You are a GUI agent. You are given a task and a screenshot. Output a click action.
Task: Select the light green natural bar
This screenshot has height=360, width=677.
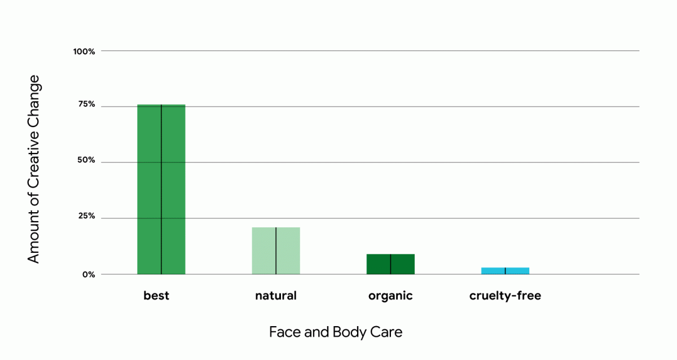coord(276,251)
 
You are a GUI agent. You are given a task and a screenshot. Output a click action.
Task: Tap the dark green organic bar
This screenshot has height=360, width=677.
coord(390,264)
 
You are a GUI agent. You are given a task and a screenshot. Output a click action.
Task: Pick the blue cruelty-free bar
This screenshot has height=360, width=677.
coord(505,271)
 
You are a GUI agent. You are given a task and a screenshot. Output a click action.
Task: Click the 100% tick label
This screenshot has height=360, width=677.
coord(84,51)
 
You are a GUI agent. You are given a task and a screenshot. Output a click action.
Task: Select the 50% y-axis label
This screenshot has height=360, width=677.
coord(86,161)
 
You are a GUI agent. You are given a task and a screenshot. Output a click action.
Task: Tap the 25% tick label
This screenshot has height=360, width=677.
coord(86,217)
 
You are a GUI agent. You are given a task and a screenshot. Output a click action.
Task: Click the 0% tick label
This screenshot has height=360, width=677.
coord(88,274)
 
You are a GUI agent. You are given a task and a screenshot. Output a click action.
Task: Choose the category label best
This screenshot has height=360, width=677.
coord(156,296)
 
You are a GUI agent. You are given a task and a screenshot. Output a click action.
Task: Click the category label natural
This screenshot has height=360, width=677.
coord(276,296)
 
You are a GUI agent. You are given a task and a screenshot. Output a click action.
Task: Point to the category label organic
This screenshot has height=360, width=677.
coord(390,296)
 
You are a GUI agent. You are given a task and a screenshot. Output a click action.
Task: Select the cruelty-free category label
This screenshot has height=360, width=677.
coord(505,296)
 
